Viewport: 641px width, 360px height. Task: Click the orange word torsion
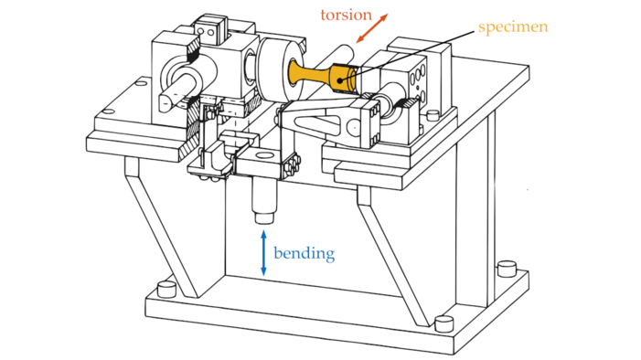coord(347,16)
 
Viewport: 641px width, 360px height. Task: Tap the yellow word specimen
coord(513,27)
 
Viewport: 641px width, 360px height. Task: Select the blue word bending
coord(304,254)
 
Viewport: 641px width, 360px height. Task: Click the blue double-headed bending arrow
coord(263,253)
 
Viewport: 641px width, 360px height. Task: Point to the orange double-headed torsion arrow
coord(371,28)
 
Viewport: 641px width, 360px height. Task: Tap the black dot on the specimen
coord(340,80)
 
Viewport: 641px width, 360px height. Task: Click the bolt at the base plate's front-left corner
coord(166,290)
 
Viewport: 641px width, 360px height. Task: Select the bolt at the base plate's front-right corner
coord(444,324)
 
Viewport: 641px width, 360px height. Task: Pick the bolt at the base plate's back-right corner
coord(507,270)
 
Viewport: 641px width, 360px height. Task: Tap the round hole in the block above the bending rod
coord(263,155)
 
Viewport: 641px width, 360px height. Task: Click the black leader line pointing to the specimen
coord(409,54)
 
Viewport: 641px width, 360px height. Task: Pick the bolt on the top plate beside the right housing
coord(433,116)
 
